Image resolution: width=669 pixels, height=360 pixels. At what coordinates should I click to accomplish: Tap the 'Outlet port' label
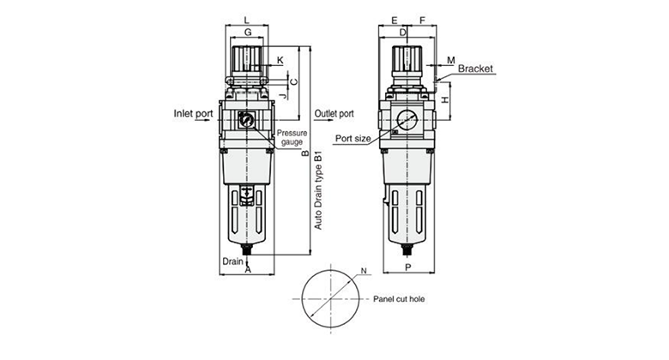[334, 113]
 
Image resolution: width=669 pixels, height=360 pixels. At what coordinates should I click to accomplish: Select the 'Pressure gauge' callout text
[292, 137]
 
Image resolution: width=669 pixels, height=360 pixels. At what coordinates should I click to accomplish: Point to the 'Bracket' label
[475, 68]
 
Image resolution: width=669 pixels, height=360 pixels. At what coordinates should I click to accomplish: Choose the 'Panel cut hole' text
[400, 300]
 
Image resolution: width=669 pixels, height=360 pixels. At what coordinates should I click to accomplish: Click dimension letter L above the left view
[247, 18]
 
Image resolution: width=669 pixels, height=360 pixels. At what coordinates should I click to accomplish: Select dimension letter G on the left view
[247, 32]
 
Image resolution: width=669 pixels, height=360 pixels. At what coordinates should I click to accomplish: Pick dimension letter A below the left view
[247, 270]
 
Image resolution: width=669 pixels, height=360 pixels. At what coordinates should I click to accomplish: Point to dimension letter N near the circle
[364, 272]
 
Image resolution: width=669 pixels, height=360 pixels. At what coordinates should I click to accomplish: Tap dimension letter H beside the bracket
[445, 100]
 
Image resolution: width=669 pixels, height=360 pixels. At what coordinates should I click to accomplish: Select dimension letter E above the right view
[393, 18]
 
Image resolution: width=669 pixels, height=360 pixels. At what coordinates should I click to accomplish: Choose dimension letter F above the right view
[423, 18]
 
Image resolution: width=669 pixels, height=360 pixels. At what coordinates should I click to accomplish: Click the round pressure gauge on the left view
[247, 121]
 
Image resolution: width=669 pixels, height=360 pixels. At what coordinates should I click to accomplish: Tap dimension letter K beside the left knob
[280, 60]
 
